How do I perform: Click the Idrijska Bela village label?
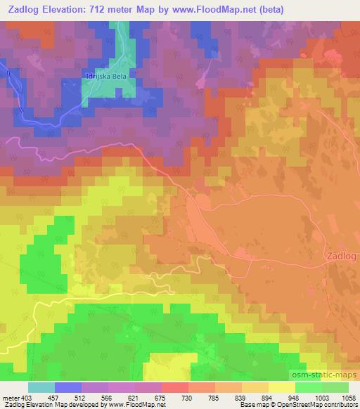pos(109,74)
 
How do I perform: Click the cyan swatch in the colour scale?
pos(41,387)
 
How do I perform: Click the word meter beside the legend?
pos(10,398)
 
